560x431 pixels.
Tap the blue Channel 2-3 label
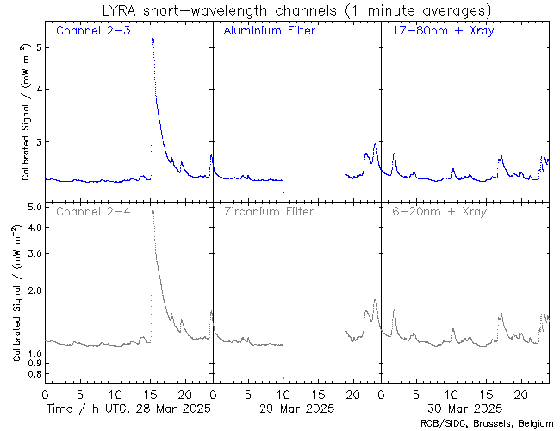93,31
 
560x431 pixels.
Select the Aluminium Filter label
269,31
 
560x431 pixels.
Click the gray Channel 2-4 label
93,211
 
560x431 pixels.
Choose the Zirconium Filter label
269,211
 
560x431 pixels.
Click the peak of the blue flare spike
152,39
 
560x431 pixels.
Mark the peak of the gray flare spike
152,211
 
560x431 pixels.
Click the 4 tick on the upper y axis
38,89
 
